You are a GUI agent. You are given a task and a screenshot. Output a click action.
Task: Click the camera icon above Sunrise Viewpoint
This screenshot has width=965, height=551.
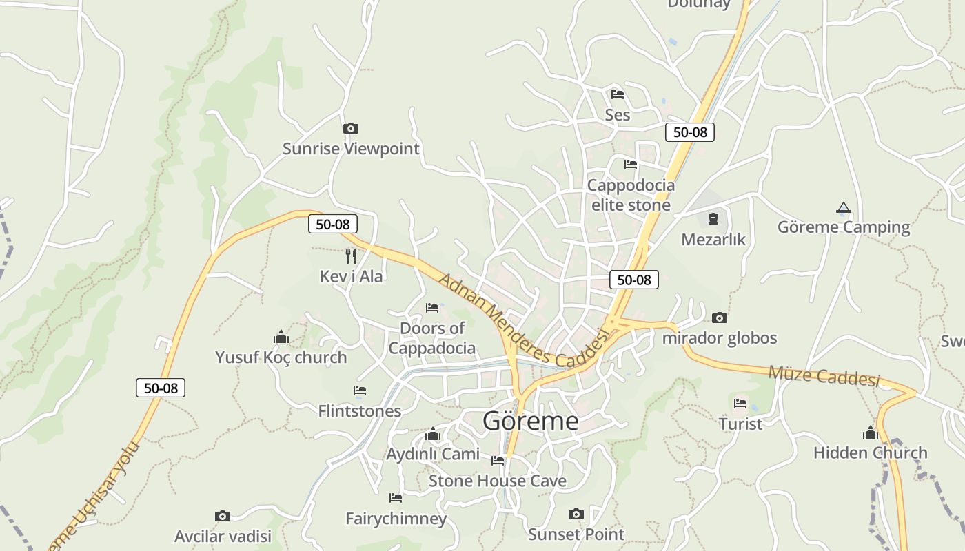[350, 128]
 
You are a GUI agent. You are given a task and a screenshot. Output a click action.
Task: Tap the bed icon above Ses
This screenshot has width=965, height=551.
[617, 94]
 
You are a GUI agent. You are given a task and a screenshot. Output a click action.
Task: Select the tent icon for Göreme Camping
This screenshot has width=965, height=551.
[843, 207]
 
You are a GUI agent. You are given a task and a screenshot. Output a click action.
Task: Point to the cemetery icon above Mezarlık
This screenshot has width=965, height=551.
[713, 219]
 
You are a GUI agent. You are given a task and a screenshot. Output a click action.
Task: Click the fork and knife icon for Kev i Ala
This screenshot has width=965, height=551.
[351, 256]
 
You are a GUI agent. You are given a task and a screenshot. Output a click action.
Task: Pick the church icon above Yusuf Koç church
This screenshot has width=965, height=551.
[281, 337]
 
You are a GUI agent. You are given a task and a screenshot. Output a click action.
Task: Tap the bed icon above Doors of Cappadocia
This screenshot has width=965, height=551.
[432, 307]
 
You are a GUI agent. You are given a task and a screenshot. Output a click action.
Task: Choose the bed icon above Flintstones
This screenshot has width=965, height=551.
[359, 391]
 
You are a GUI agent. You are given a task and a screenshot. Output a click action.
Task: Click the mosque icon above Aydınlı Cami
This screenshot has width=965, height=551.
[433, 434]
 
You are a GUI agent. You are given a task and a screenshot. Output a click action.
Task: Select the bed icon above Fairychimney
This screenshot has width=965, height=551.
[396, 497]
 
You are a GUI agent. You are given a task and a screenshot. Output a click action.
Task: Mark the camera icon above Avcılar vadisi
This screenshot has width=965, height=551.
[222, 516]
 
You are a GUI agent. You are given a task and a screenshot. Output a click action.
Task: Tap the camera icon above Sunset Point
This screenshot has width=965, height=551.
[576, 514]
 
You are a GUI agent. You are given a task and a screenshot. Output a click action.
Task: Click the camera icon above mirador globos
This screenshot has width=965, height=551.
[719, 318]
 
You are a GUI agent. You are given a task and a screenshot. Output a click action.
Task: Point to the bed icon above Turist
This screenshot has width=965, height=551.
[740, 403]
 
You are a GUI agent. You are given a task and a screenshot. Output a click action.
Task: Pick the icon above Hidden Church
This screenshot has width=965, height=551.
[870, 433]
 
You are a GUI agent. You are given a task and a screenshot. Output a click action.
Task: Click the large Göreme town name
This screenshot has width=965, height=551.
[530, 420]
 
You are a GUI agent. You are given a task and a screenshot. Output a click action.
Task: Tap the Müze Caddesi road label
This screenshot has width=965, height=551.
[824, 376]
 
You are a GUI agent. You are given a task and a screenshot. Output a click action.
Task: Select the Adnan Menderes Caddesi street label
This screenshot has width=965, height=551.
[524, 320]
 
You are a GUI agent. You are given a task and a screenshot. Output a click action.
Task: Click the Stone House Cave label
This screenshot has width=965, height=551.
[497, 481]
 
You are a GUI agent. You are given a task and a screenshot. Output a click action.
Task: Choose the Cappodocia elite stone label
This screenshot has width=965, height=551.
[631, 195]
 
